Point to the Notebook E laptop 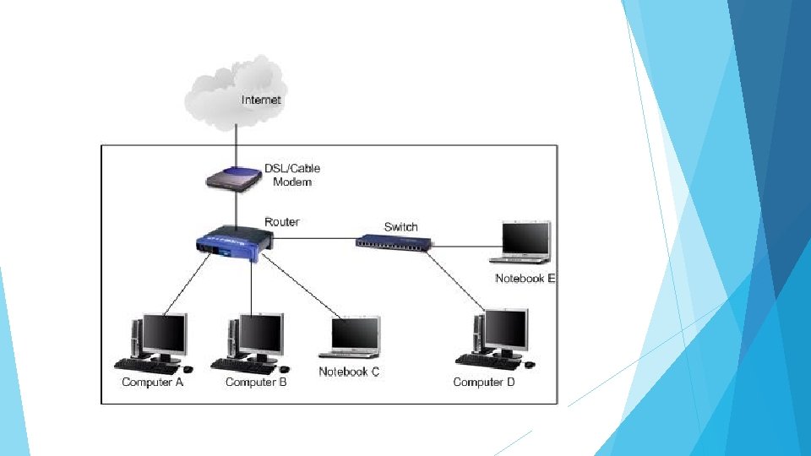point(525,243)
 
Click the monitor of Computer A point(164,334)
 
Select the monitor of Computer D point(504,330)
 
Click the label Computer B point(256,383)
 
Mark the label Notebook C point(349,372)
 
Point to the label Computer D point(484,383)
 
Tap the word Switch point(400,226)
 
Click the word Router point(281,222)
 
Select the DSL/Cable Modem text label point(291,176)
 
